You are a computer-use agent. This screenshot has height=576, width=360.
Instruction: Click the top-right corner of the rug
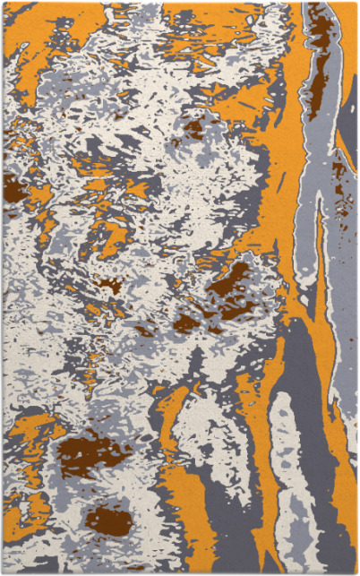[x=356, y=3]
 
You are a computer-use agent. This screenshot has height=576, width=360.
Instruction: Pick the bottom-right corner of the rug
[x=356, y=572]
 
